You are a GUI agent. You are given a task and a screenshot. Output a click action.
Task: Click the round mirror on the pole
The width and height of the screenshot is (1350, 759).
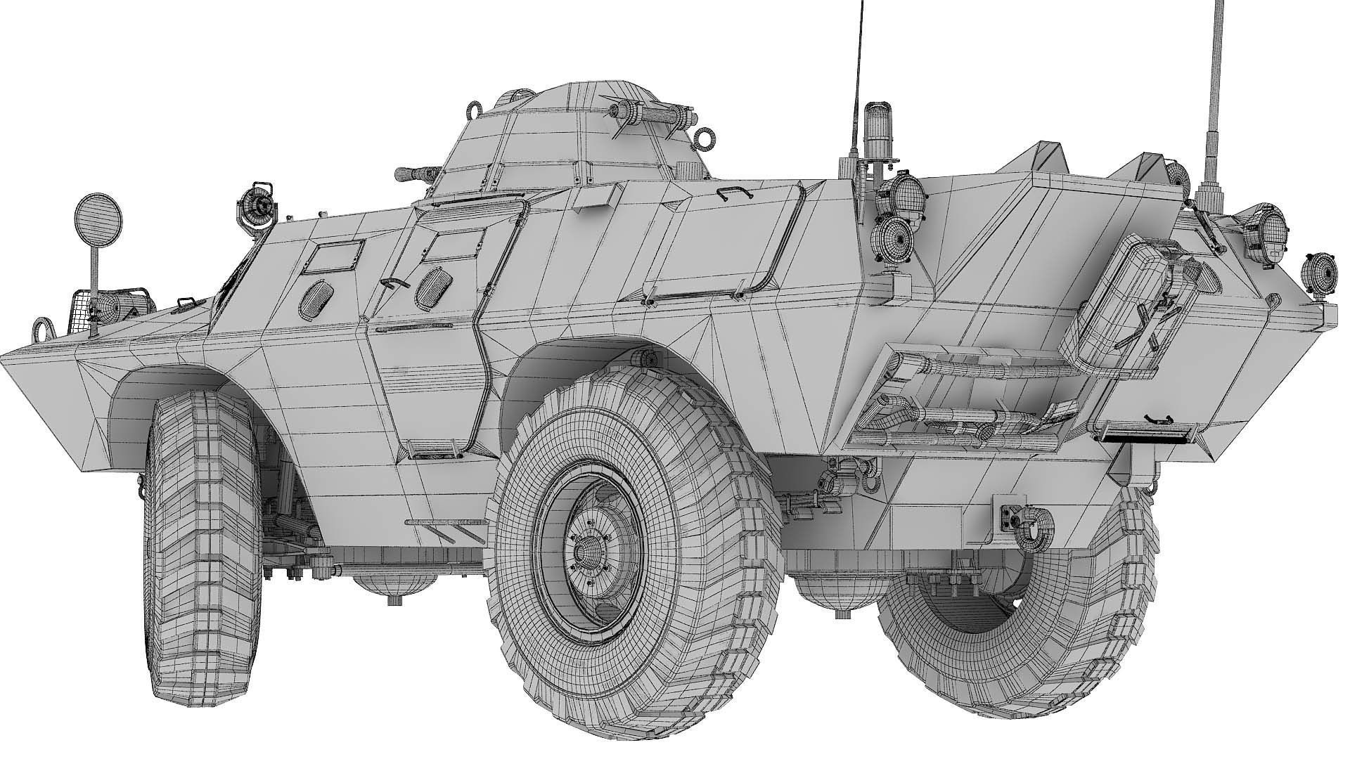click(x=98, y=217)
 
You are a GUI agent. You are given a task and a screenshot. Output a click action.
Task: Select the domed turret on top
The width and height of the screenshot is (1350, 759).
click(x=577, y=141)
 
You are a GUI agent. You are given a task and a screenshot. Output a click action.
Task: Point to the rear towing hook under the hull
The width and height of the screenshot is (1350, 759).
click(x=1034, y=524)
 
